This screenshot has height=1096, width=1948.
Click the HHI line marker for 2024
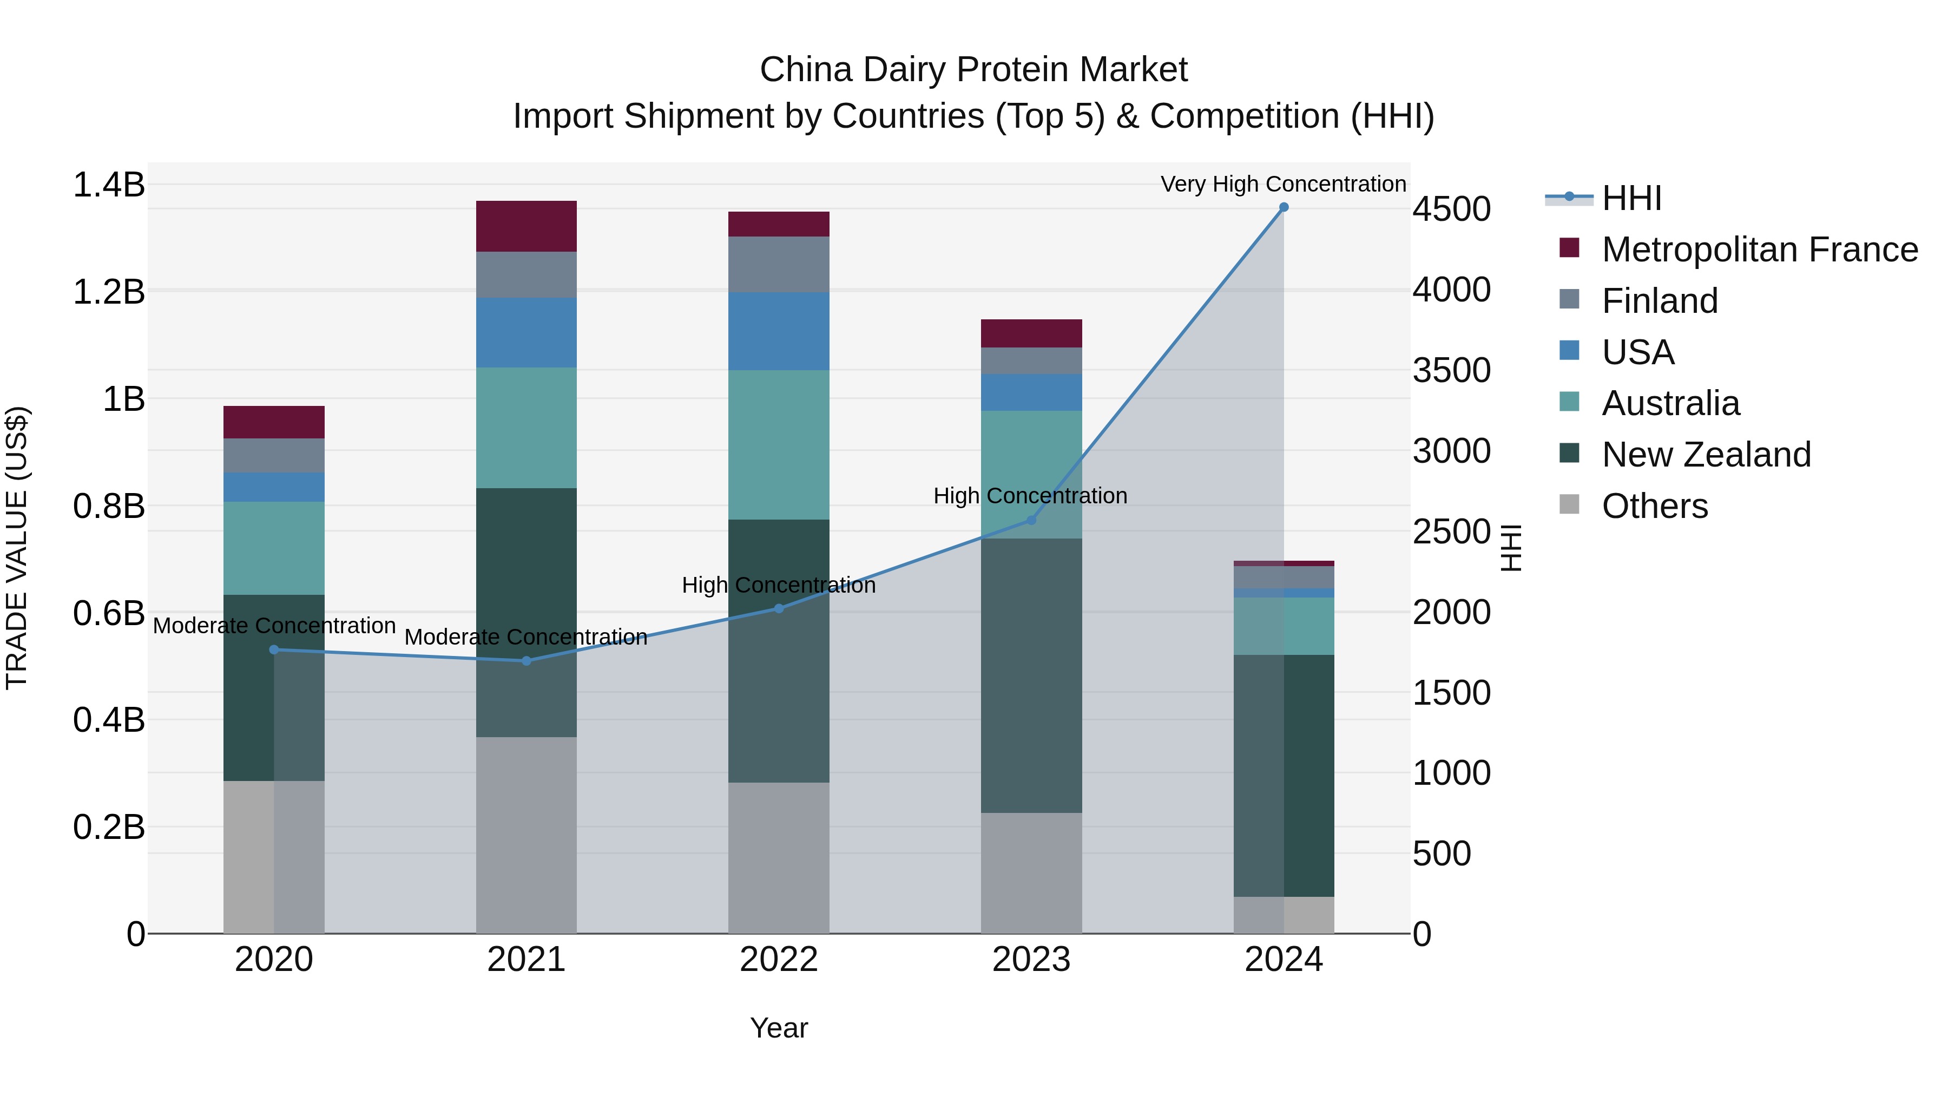click(1284, 207)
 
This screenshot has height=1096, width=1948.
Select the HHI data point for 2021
click(527, 661)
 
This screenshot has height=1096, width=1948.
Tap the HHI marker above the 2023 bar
click(1031, 520)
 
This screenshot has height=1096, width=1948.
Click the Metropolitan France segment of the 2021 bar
click(527, 226)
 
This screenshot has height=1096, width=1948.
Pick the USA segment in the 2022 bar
click(779, 331)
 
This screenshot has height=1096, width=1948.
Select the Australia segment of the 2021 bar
click(527, 428)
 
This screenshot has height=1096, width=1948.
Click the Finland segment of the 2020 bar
click(274, 455)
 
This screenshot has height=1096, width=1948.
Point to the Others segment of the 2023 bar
click(1031, 873)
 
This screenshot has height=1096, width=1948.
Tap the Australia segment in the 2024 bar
click(1284, 626)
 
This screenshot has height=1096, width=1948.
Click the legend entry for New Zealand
click(1706, 455)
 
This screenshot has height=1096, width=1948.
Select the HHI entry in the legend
click(1631, 198)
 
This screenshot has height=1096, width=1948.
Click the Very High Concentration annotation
click(1284, 184)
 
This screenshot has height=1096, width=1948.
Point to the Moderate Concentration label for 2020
click(274, 626)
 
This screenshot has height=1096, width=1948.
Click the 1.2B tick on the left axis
click(108, 292)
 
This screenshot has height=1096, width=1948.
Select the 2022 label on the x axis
click(779, 960)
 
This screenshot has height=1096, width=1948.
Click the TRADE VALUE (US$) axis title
click(17, 548)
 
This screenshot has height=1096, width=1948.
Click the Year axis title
click(779, 1028)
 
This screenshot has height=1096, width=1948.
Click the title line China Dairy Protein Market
click(973, 70)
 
